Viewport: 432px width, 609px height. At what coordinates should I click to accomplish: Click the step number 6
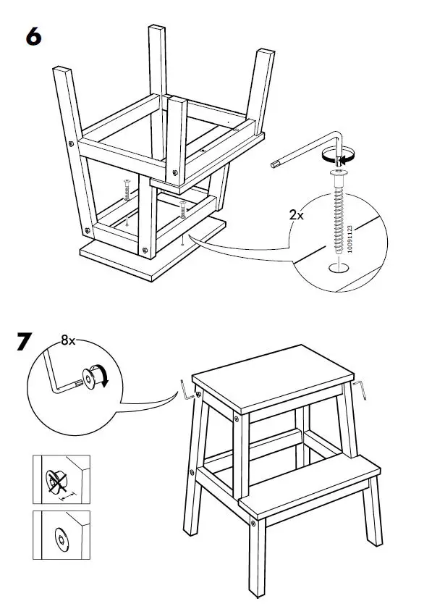tap(34, 35)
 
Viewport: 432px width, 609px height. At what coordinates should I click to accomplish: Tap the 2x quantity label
tap(297, 215)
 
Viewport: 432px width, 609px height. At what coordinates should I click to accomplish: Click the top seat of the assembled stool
tap(272, 381)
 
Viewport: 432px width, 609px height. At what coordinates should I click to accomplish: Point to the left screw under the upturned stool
tap(126, 190)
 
